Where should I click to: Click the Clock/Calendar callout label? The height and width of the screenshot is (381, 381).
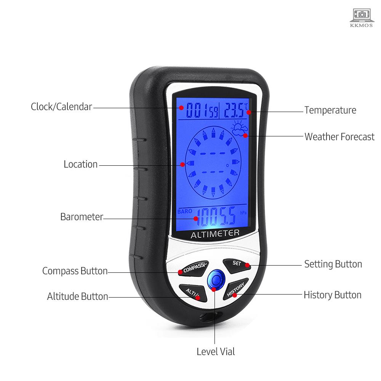61,107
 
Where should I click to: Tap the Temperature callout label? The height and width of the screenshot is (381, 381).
330,110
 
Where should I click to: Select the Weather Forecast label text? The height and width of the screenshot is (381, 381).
339,137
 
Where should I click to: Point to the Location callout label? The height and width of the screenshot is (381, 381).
80,164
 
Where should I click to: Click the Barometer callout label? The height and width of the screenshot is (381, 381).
82,217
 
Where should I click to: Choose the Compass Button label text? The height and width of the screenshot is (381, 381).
75,271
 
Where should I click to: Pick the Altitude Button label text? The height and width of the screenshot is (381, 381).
77,296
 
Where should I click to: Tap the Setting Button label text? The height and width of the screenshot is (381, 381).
333,264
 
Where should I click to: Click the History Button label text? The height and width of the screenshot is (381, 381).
332,295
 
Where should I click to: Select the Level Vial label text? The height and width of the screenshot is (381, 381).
216,352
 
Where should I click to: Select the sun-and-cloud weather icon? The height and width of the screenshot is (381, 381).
239,128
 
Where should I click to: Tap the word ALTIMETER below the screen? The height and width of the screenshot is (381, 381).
215,234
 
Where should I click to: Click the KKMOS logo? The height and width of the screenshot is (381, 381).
361,18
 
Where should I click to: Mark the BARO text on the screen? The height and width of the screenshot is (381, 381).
185,211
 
